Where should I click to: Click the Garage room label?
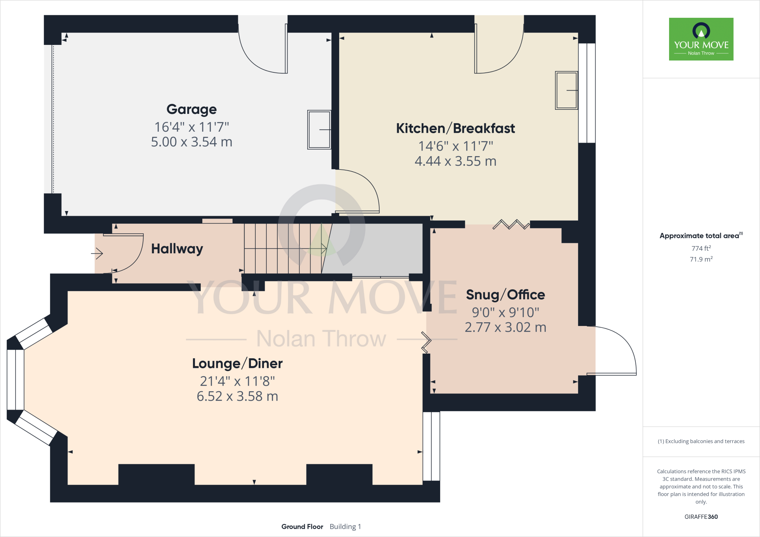[x=191, y=109]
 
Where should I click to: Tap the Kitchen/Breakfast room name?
[x=455, y=128]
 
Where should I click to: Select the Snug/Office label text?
[x=505, y=295]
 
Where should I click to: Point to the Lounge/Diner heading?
[x=237, y=363]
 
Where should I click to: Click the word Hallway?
[x=177, y=248]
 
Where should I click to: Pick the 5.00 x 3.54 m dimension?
[x=191, y=142]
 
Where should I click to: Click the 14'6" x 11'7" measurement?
[x=455, y=146]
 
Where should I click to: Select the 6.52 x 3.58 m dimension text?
[x=237, y=396]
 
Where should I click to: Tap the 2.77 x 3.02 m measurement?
[x=505, y=327]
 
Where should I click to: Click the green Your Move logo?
[x=701, y=39]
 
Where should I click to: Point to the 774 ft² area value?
[x=701, y=248]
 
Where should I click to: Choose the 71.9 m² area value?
[x=701, y=259]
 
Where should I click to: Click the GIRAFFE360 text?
[x=701, y=517]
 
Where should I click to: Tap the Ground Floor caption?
[x=302, y=527]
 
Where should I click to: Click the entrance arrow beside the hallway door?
[x=97, y=254]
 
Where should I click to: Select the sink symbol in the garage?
[x=319, y=130]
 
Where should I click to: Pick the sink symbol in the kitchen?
[x=566, y=90]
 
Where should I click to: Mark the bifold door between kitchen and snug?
[x=511, y=225]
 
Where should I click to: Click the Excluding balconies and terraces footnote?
[x=701, y=441]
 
